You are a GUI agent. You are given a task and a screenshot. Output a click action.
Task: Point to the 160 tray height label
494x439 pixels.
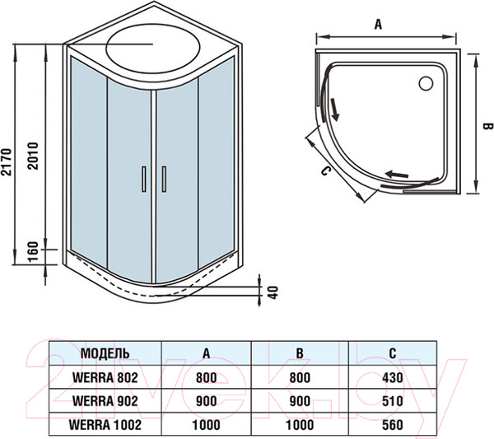pos(33,249)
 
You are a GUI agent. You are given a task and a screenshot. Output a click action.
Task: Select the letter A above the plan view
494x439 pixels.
pos(378,25)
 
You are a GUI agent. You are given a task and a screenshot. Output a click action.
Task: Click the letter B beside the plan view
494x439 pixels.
pos(486,125)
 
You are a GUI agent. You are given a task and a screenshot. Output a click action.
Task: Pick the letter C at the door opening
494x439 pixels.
pos(325,170)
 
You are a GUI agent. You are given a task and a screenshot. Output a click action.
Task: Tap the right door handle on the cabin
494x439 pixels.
pos(164,179)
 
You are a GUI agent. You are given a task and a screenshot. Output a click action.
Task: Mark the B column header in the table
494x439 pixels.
pos(301,353)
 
